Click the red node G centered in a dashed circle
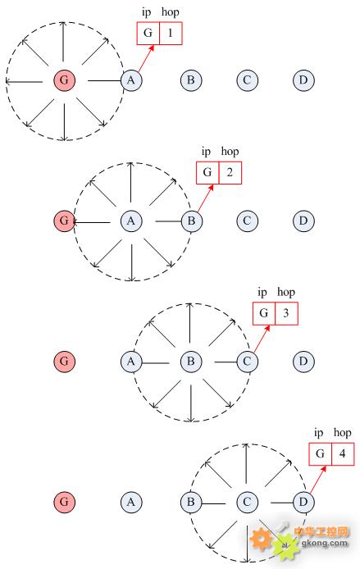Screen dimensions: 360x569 tap(64, 80)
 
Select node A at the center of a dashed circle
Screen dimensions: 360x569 tap(131, 221)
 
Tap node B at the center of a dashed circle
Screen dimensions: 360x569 tap(191, 361)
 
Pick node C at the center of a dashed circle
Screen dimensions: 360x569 tap(247, 502)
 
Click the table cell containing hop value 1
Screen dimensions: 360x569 tap(171, 34)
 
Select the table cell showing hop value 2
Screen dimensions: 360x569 tap(230, 173)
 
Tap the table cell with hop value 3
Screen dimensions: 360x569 tap(286, 313)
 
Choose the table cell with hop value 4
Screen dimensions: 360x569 tap(343, 454)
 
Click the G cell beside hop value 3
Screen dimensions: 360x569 tap(264, 313)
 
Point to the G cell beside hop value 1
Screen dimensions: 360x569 tap(148, 34)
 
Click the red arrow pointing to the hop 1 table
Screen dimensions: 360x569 tap(146, 58)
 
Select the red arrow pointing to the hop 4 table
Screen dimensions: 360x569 tap(318, 480)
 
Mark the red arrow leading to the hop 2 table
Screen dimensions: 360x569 tap(205, 198)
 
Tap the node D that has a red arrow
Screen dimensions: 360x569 tap(303, 502)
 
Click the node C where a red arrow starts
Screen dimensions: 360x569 tap(247, 361)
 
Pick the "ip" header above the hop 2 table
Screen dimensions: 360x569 tap(206, 152)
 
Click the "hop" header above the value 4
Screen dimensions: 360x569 tap(342, 433)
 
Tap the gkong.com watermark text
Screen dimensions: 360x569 tap(325, 543)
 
